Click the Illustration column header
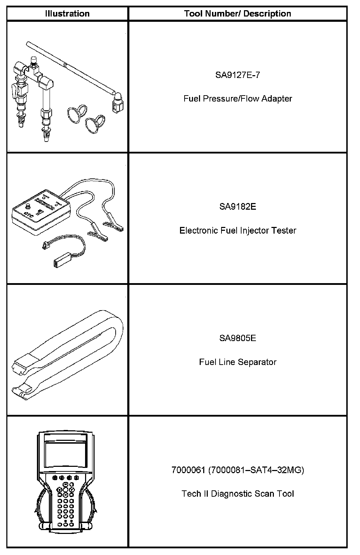tap(67, 14)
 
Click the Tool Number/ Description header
tap(238, 14)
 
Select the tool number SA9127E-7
tap(238, 75)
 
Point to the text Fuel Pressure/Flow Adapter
tap(238, 98)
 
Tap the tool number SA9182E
tap(238, 206)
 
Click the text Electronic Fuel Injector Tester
tap(238, 230)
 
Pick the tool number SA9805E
tap(238, 338)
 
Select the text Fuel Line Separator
tap(238, 362)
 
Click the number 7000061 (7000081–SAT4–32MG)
tap(238, 470)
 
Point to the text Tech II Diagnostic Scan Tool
tap(238, 494)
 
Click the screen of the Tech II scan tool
tap(65, 453)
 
